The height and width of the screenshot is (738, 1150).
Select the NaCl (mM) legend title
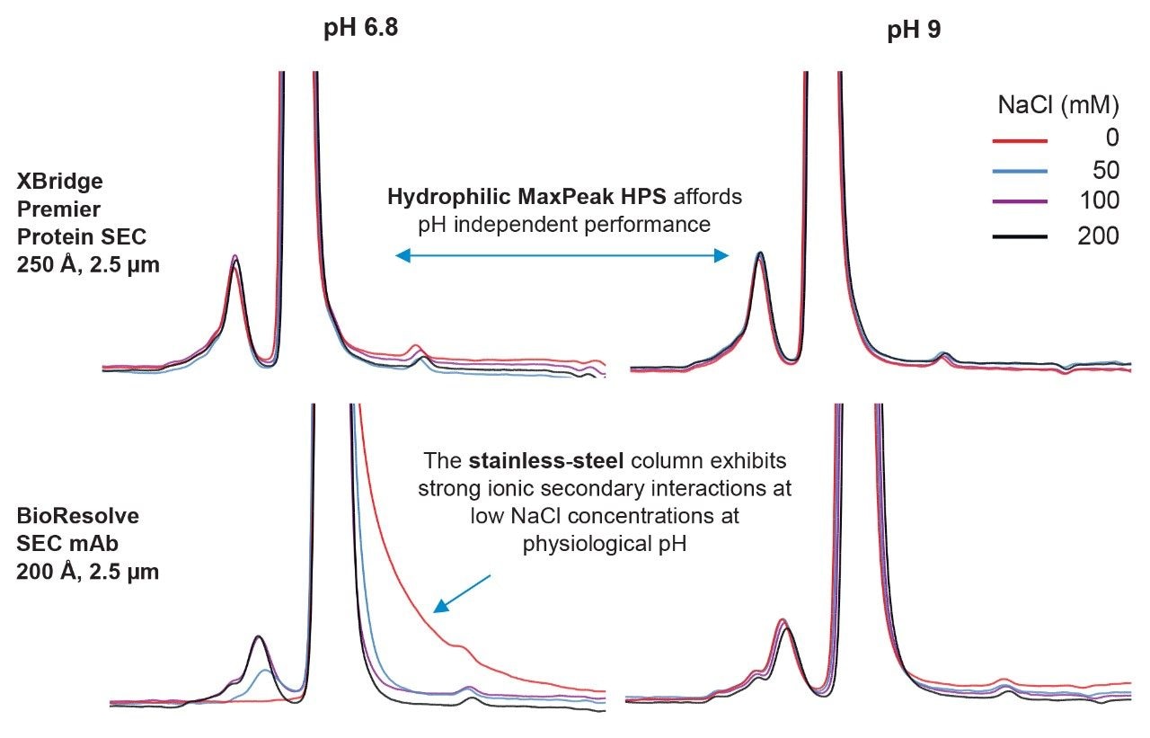tap(1058, 105)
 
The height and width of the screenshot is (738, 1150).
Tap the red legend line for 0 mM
tap(1021, 141)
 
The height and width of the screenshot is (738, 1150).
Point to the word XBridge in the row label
tap(59, 182)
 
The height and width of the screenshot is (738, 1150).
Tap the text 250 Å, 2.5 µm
tap(88, 265)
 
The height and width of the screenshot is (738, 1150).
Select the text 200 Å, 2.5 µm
tap(88, 571)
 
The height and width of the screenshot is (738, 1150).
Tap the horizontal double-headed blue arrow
tap(562, 256)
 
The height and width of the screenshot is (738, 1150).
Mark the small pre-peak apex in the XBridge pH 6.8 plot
tap(234, 258)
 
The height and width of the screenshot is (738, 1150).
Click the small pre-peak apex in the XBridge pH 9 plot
tap(760, 254)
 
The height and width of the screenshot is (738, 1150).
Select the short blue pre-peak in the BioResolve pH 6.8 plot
tap(264, 671)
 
